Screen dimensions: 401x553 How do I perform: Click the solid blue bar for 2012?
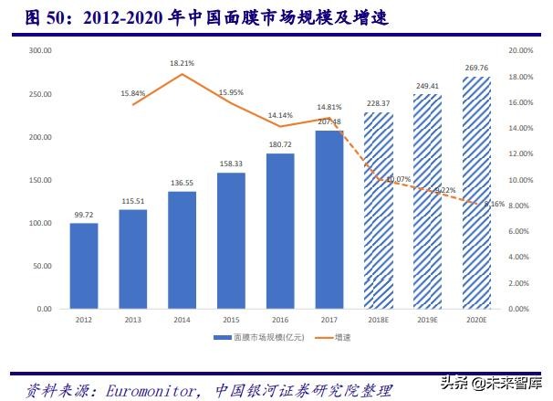tap(84, 266)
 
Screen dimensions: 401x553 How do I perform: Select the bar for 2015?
tap(231, 240)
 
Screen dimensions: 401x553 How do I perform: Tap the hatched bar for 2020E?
tap(476, 193)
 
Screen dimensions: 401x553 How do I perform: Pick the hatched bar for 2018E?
tap(379, 211)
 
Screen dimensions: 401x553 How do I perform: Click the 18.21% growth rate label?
tap(182, 63)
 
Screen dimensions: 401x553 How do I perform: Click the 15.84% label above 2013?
tap(132, 93)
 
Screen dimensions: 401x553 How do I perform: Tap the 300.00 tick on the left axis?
tap(39, 51)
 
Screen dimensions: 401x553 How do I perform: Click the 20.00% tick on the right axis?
tap(518, 51)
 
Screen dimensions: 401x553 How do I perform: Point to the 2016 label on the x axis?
tap(280, 319)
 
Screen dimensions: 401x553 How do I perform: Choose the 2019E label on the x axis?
tap(427, 319)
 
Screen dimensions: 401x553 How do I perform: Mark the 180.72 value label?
tap(280, 144)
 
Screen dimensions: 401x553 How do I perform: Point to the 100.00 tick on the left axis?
tap(39, 223)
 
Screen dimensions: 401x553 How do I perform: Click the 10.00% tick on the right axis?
tap(518, 180)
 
